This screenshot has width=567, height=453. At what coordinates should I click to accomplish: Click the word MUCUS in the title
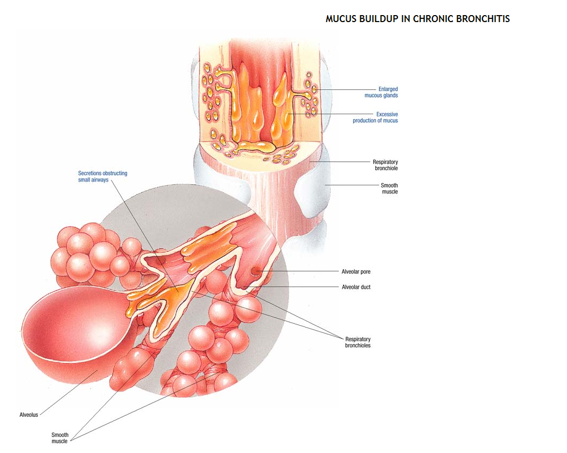341,19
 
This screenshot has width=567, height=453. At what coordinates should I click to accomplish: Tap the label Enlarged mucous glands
381,92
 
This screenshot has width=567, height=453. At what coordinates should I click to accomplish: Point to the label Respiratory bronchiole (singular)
385,165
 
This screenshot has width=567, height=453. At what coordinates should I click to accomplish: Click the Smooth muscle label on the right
389,189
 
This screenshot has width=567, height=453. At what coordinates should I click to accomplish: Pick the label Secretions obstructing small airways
102,177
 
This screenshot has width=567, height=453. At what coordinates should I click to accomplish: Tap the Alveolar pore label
356,272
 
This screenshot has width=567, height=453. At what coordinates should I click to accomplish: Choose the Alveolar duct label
356,287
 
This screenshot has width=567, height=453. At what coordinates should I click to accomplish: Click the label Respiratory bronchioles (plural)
358,342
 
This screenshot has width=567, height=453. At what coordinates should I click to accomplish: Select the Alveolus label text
29,415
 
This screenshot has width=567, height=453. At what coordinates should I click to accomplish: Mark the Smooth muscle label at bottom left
60,438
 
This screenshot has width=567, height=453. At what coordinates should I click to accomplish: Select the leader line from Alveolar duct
302,287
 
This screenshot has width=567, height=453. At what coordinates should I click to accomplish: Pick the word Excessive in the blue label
387,114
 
